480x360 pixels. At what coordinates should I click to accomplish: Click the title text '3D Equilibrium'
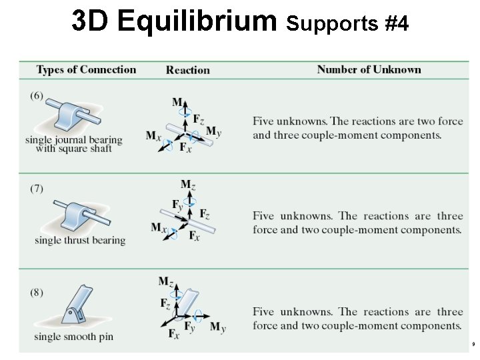pos(174,21)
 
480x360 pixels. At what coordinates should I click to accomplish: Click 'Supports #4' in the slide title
pos(347,25)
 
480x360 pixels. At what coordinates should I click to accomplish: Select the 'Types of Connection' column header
pos(86,70)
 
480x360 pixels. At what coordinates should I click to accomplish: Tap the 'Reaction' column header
pos(187,70)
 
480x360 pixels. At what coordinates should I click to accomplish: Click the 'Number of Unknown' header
pos(369,70)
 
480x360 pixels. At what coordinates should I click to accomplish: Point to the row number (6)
pos(37,95)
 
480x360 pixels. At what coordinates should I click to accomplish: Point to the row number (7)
pos(37,188)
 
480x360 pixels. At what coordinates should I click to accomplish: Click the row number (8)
pos(37,291)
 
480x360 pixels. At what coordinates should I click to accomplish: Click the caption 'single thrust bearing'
pos(80,240)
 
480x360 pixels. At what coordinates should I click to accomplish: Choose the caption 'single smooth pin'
pos(74,337)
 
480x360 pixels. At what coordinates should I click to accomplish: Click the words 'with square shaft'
pos(73,149)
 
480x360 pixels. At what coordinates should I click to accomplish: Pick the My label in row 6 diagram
pos(213,131)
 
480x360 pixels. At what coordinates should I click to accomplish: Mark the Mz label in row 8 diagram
pos(165,281)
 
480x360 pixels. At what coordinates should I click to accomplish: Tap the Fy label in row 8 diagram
pos(190,327)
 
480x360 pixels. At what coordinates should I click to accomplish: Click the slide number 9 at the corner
pos(472,345)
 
